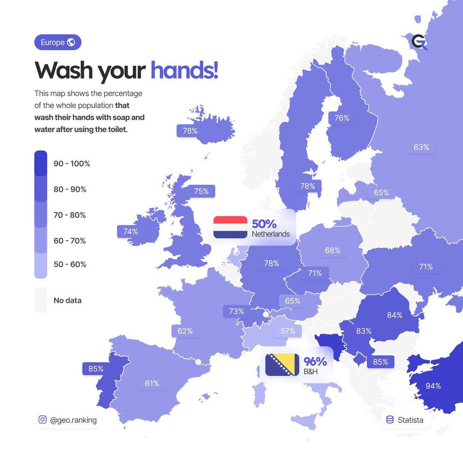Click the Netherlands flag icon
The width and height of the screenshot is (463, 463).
click(230, 227)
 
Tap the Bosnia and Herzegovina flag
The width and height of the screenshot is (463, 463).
click(282, 365)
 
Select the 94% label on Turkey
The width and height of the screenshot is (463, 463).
click(433, 386)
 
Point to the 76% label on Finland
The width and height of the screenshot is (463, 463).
click(342, 118)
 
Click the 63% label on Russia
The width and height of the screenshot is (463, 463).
click(421, 147)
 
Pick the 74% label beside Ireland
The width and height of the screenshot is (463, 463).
click(130, 231)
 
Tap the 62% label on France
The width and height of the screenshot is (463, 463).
click(185, 331)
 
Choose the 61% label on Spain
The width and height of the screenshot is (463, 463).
click(152, 383)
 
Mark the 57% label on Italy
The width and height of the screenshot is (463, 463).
click(288, 331)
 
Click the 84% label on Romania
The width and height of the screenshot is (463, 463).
click(394, 315)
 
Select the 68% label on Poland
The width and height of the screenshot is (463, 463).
click(332, 250)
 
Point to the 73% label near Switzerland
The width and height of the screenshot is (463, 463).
click(236, 311)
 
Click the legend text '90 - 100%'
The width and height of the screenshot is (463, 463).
click(72, 163)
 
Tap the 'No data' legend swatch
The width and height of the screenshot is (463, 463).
click(41, 300)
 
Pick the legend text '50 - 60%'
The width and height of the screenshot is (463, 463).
click(70, 265)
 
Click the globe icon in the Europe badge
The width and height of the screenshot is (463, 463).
click(71, 42)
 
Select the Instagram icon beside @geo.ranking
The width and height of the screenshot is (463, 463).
click(42, 420)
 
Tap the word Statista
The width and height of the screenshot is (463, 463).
click(410, 420)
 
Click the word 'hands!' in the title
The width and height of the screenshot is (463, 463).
click(184, 70)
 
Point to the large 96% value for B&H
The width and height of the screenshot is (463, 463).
click(315, 362)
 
